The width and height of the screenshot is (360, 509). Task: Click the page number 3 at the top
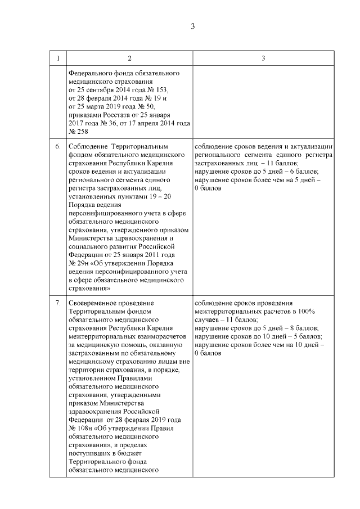192,26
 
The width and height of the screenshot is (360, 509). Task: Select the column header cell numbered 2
129,59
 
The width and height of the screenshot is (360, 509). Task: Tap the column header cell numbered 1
57,59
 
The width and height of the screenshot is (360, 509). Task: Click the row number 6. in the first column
57,147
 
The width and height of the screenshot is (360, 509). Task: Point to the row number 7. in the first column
57,303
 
